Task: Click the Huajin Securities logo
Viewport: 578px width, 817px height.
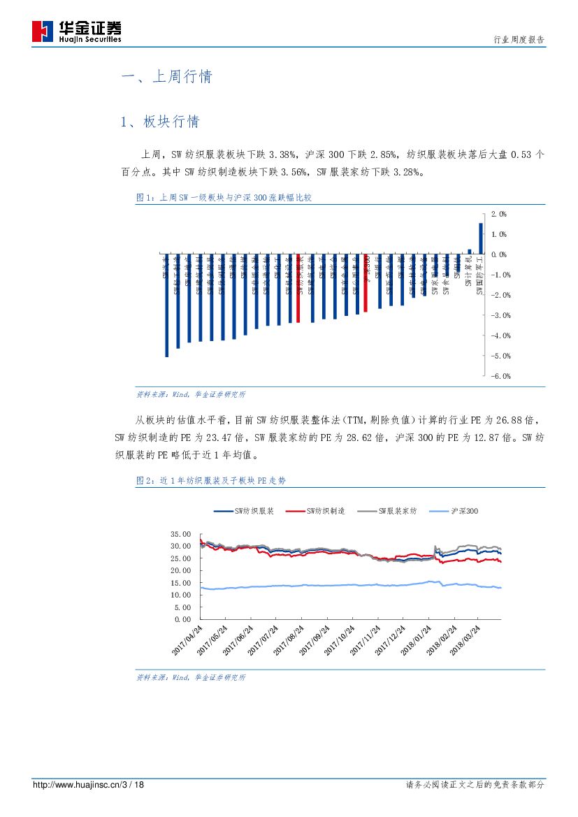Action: click(x=77, y=31)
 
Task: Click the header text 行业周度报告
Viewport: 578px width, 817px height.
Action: click(x=519, y=39)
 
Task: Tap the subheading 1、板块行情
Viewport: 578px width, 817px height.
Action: click(x=160, y=122)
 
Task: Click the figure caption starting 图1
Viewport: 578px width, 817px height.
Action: click(x=223, y=198)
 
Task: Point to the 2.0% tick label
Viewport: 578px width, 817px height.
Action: click(x=499, y=214)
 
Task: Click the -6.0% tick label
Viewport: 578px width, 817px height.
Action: click(x=500, y=376)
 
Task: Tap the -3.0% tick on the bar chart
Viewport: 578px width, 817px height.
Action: click(x=500, y=315)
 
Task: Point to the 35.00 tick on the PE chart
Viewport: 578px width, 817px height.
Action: click(x=180, y=534)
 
